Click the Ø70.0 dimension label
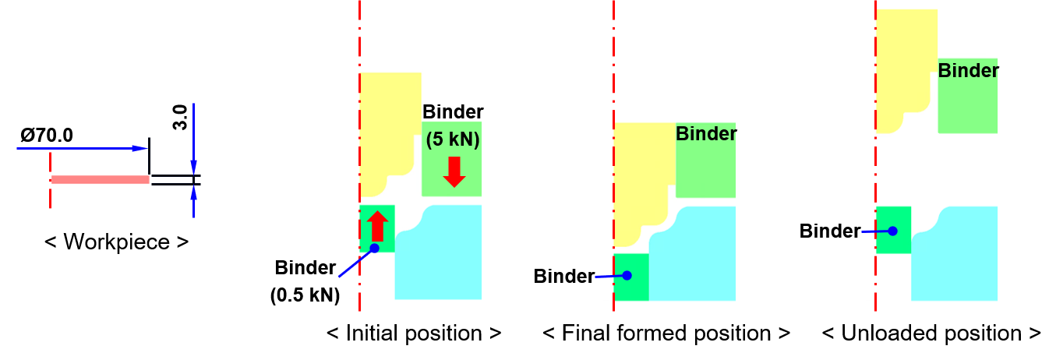pos(47,136)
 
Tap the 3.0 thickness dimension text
pos(180,118)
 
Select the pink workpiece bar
pos(101,179)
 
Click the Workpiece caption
pos(116,242)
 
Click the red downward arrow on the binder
pos(454,172)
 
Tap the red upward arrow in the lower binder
pos(378,226)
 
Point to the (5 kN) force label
pos(453,139)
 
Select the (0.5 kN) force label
pos(305,295)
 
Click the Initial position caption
pos(414,334)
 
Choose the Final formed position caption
pos(666,334)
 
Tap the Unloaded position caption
pos(931,334)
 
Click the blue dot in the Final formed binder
pos(627,276)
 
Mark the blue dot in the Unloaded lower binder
pos(893,231)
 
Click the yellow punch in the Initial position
pos(387,127)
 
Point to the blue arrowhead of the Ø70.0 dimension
pos(140,148)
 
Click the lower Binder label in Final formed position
pos(563,276)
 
